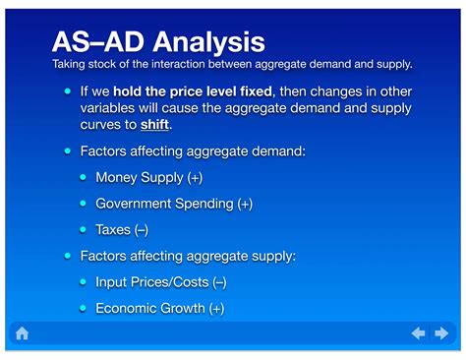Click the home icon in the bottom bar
(x=22, y=333)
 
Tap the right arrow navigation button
(x=442, y=333)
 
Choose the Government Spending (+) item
(x=173, y=204)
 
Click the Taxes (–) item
(x=122, y=229)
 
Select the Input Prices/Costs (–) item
(x=161, y=281)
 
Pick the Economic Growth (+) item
(x=159, y=308)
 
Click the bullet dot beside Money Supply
(x=84, y=177)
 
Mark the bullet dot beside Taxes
(x=84, y=229)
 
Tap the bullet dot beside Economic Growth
(x=84, y=308)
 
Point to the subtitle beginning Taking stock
(x=231, y=64)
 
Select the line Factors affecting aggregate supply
(x=188, y=256)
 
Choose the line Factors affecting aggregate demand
(x=192, y=151)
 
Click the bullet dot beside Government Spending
(x=84, y=204)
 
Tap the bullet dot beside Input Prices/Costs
(x=84, y=281)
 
